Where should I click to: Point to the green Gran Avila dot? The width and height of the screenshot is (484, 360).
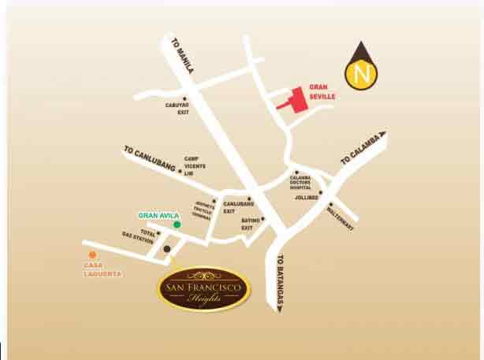point(177,225)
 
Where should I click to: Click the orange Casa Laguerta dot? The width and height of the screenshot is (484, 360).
point(92,254)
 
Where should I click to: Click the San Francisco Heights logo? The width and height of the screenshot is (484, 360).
point(204,289)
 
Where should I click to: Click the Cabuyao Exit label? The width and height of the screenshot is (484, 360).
point(184,108)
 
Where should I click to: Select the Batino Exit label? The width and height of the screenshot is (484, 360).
point(250,223)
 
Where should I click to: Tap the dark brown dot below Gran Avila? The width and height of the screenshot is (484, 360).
point(167,250)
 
